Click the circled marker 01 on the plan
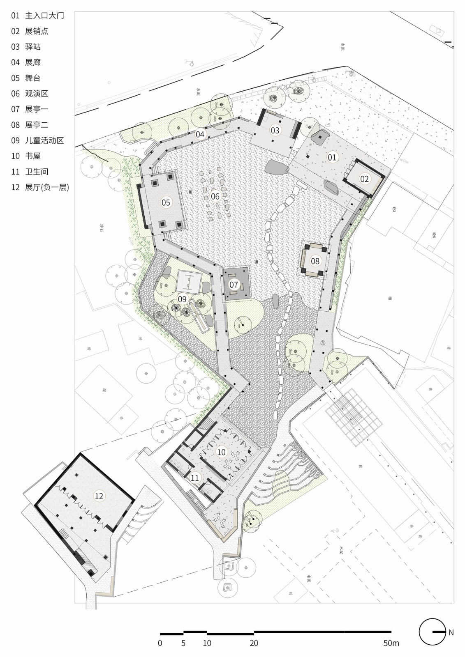[332, 157]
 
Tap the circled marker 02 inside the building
[365, 179]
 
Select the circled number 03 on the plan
[275, 131]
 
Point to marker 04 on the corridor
[200, 134]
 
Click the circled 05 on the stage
[166, 202]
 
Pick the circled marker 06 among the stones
[215, 196]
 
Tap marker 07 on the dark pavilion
[234, 285]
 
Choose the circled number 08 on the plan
[315, 261]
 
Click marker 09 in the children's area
[182, 299]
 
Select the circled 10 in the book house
[221, 452]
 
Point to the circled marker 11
[194, 478]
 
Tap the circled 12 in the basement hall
[99, 496]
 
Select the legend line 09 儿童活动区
[37, 140]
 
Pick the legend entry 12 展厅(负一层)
[40, 187]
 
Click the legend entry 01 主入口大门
[37, 16]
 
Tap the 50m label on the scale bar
[391, 643]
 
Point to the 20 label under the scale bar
[254, 643]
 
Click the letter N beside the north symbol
[451, 632]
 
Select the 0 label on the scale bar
[160, 643]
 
